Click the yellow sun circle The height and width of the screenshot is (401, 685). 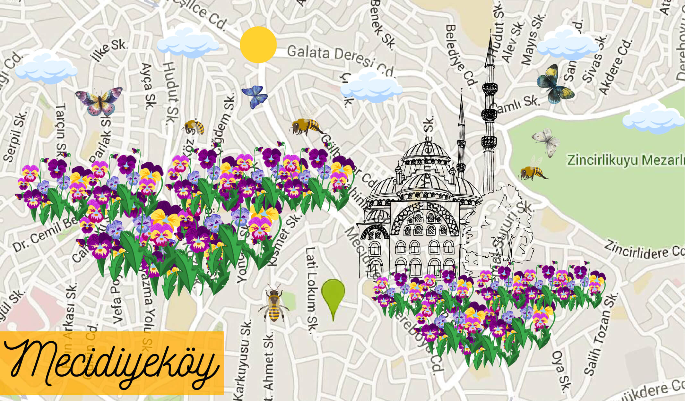(x=258, y=45)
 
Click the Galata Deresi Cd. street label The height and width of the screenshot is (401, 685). (x=340, y=59)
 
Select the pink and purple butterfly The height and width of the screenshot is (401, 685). (x=99, y=101)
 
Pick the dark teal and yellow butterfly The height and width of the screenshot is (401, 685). (x=555, y=84)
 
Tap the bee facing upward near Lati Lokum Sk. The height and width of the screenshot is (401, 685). (x=274, y=304)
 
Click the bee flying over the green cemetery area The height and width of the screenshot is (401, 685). (x=532, y=171)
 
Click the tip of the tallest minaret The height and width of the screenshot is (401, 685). (x=490, y=31)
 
